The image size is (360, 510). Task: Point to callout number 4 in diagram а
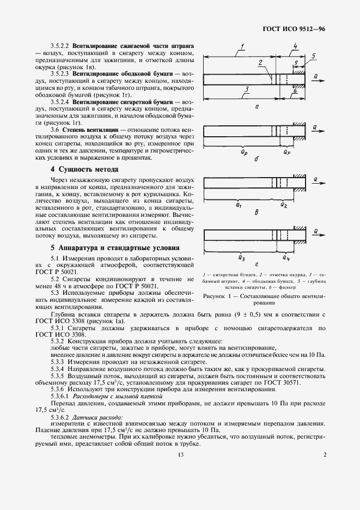[x=295, y=47]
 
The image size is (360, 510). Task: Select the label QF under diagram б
[x=287, y=153]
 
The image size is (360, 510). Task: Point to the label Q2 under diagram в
[x=284, y=204]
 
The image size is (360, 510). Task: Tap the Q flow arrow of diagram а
[x=316, y=77]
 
